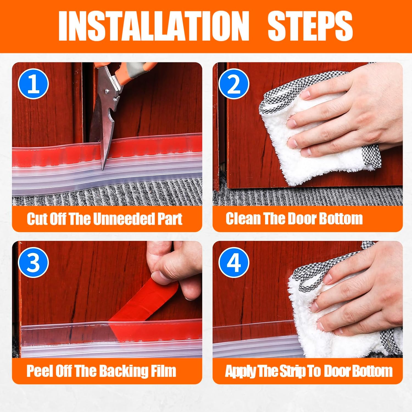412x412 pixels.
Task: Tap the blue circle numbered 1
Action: point(34,84)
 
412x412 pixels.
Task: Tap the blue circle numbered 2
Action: point(234,84)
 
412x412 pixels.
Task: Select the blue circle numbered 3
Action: point(34,262)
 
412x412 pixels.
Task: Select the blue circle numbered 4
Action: point(234,262)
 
